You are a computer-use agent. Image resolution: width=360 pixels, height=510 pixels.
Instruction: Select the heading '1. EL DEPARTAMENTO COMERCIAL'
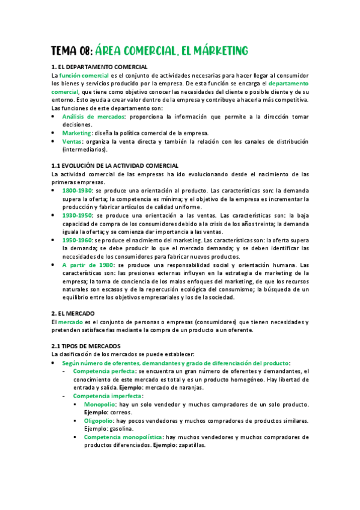click(x=99, y=67)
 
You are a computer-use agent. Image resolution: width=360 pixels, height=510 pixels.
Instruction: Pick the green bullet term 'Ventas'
click(x=72, y=141)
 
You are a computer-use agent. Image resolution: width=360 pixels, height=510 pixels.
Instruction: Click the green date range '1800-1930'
click(x=77, y=190)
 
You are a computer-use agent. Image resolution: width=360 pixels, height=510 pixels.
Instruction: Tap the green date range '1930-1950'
click(x=77, y=215)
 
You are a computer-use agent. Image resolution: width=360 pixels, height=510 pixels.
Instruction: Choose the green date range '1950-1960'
click(x=77, y=239)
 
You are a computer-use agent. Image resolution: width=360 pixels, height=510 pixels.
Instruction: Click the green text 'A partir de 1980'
click(x=88, y=265)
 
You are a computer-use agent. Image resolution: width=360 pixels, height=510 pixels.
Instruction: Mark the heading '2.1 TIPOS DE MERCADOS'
click(x=86, y=346)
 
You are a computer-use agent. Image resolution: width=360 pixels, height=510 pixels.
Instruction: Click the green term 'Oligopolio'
click(x=100, y=420)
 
